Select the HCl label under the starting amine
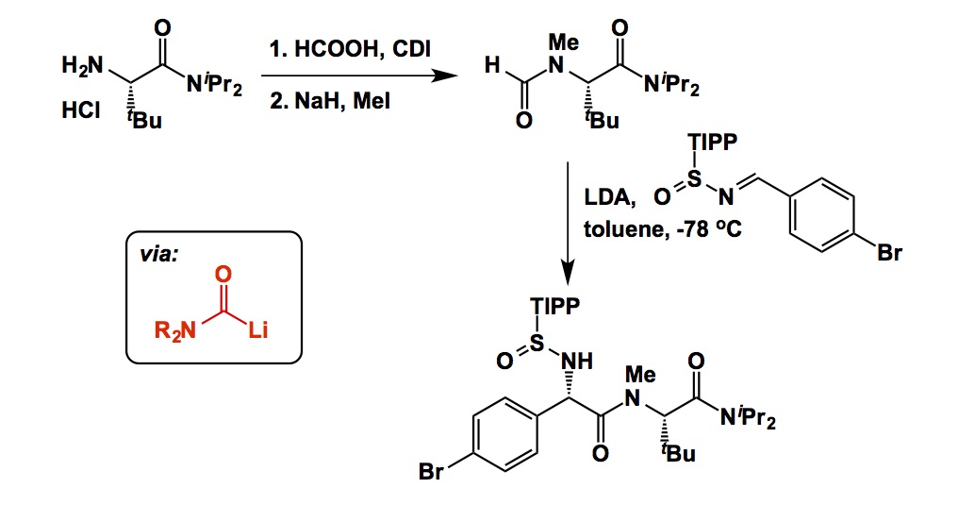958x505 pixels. [x=80, y=111]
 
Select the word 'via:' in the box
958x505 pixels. [x=157, y=256]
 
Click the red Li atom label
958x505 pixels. [x=257, y=331]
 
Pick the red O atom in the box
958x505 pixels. [x=223, y=275]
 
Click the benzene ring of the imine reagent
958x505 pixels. [x=820, y=214]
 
